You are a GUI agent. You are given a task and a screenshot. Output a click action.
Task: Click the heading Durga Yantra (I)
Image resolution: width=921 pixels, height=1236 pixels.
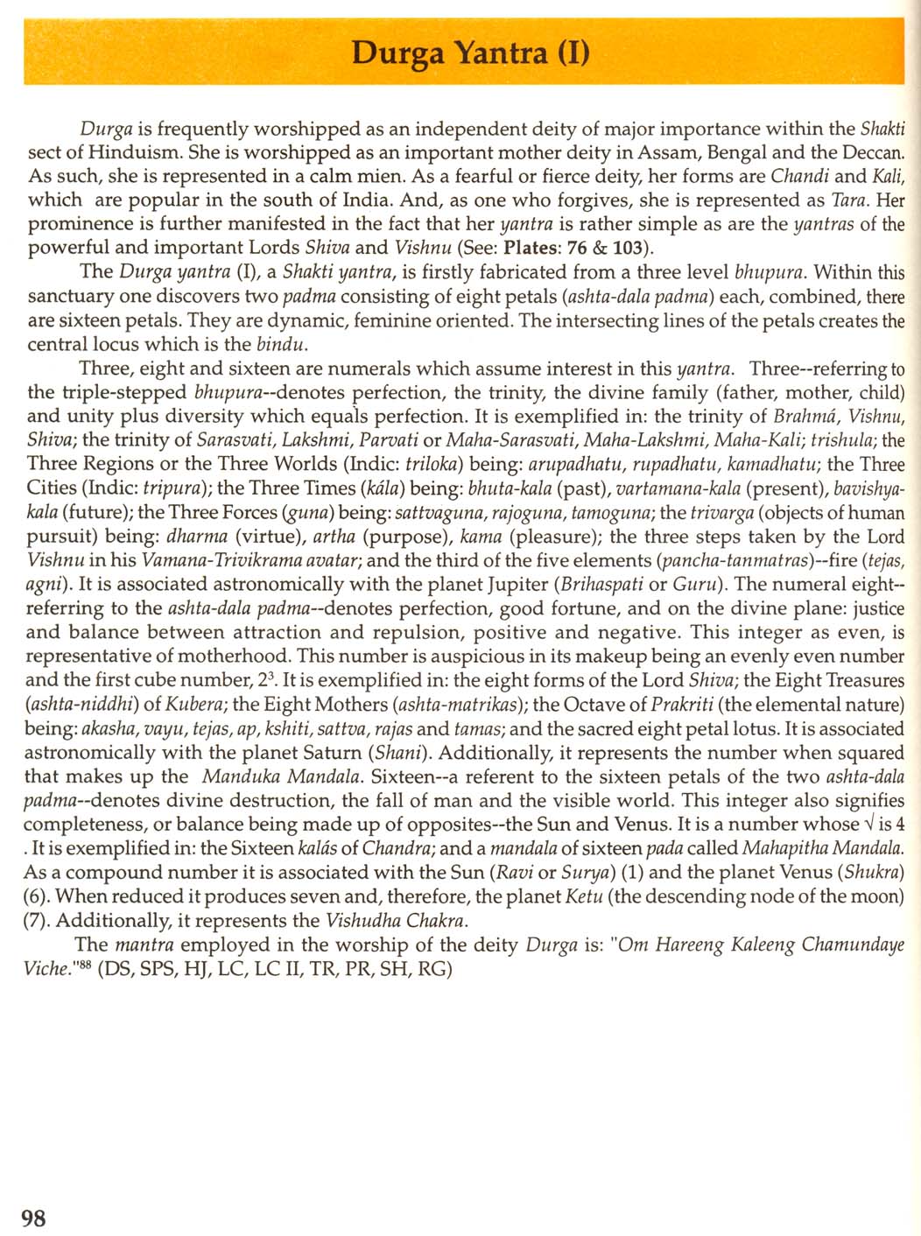click(470, 53)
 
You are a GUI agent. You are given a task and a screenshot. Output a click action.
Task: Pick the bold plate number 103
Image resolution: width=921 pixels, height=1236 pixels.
click(621, 247)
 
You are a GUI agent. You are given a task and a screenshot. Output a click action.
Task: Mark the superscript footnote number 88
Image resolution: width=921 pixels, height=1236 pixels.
click(84, 965)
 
